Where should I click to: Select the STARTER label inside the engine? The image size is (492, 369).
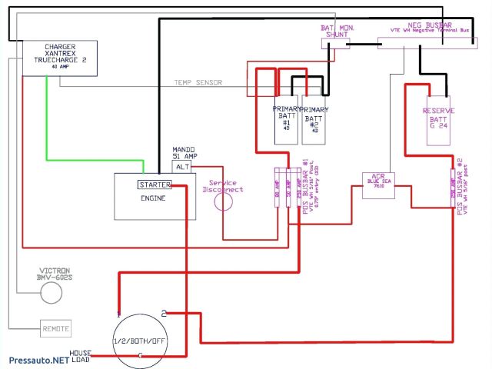[x=154, y=184]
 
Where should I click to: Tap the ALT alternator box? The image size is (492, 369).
[x=181, y=166]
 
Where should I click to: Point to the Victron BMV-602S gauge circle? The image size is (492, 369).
[x=51, y=293]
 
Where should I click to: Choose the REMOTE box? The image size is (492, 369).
[x=55, y=328]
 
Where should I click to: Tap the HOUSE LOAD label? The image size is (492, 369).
[x=81, y=357]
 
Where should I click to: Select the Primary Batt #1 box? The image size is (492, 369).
[x=286, y=119]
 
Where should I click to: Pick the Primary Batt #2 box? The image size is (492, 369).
[x=314, y=119]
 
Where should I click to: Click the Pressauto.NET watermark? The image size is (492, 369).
[x=38, y=359]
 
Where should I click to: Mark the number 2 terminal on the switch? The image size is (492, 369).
[x=164, y=312]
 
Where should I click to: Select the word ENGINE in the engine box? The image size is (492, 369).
[x=154, y=198]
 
